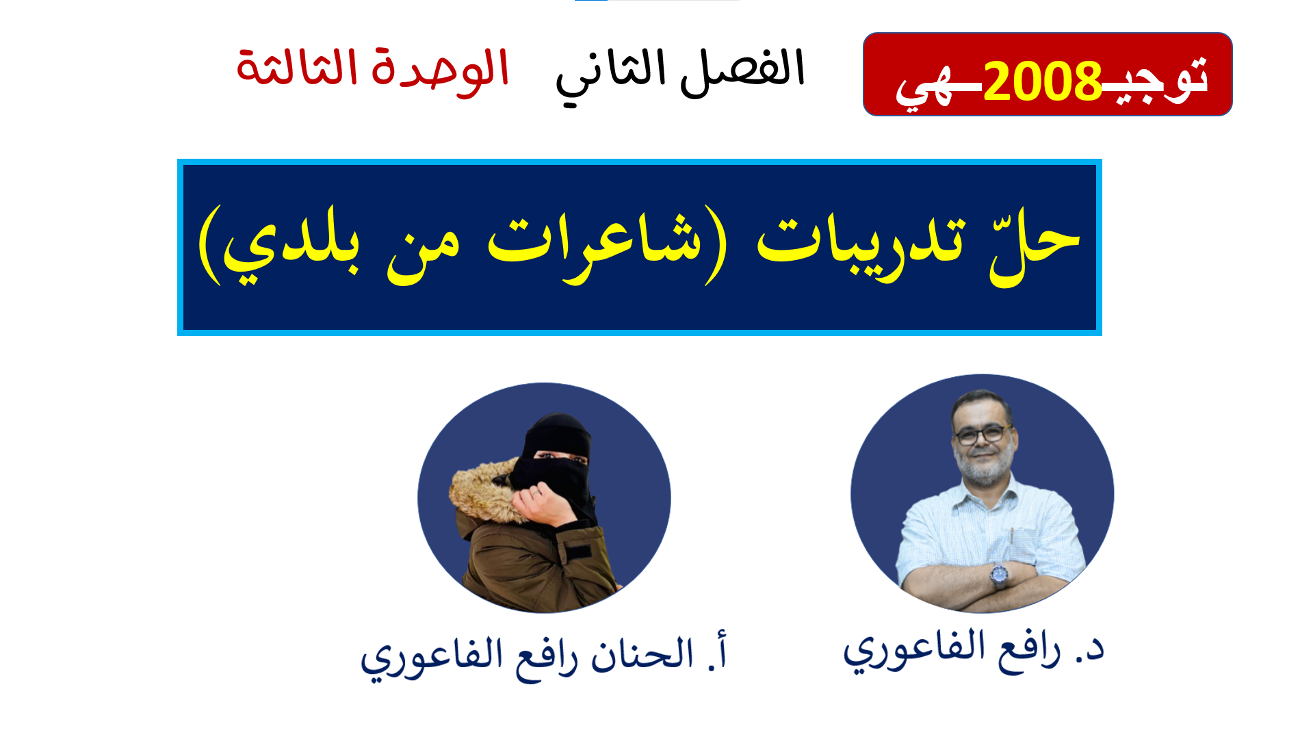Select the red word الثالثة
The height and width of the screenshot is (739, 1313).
(297, 68)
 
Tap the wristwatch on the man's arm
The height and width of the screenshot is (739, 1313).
(1000, 575)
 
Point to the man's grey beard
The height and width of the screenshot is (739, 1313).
(983, 466)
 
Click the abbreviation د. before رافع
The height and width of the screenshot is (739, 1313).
(1090, 649)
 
